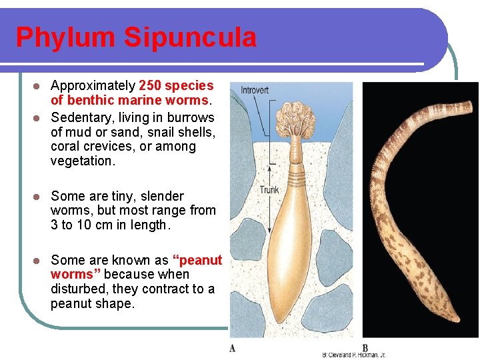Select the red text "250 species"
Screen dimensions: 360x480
[x=176, y=85]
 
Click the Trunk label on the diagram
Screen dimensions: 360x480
[x=269, y=190]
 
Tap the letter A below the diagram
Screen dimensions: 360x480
[x=232, y=348]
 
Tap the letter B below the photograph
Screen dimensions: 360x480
[x=365, y=348]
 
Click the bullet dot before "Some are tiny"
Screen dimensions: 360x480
[x=38, y=197]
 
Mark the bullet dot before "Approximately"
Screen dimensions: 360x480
[x=38, y=86]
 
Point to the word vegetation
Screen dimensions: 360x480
[x=83, y=161]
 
